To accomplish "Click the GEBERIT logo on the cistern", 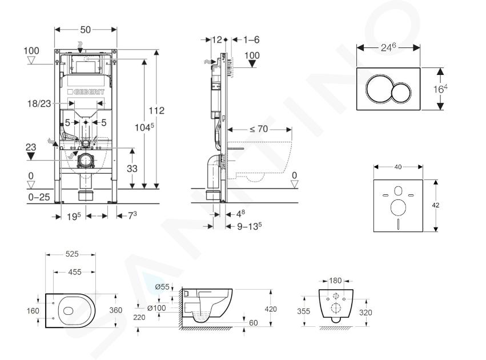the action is click(86, 92).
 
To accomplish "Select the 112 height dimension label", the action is click(156, 110).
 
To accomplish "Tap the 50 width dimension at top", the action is click(86, 30).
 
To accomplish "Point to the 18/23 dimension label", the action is click(39, 103).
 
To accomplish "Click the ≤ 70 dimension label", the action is click(259, 129).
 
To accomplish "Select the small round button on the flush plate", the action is click(401, 93).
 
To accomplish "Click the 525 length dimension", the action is click(72, 254).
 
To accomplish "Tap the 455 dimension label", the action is click(75, 272).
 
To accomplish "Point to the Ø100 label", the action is click(156, 308).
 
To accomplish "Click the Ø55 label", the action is click(162, 287).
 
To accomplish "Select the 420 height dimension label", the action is click(271, 309).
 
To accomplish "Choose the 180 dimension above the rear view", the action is click(335, 281).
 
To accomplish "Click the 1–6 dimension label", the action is click(251, 39).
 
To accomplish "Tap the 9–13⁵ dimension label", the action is click(249, 226).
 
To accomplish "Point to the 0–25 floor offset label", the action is click(39, 197).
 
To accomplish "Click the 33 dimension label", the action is click(132, 169).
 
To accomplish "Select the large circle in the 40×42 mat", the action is click(398, 207).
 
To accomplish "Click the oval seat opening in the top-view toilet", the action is click(67, 311).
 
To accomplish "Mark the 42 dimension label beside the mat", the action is click(436, 205).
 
